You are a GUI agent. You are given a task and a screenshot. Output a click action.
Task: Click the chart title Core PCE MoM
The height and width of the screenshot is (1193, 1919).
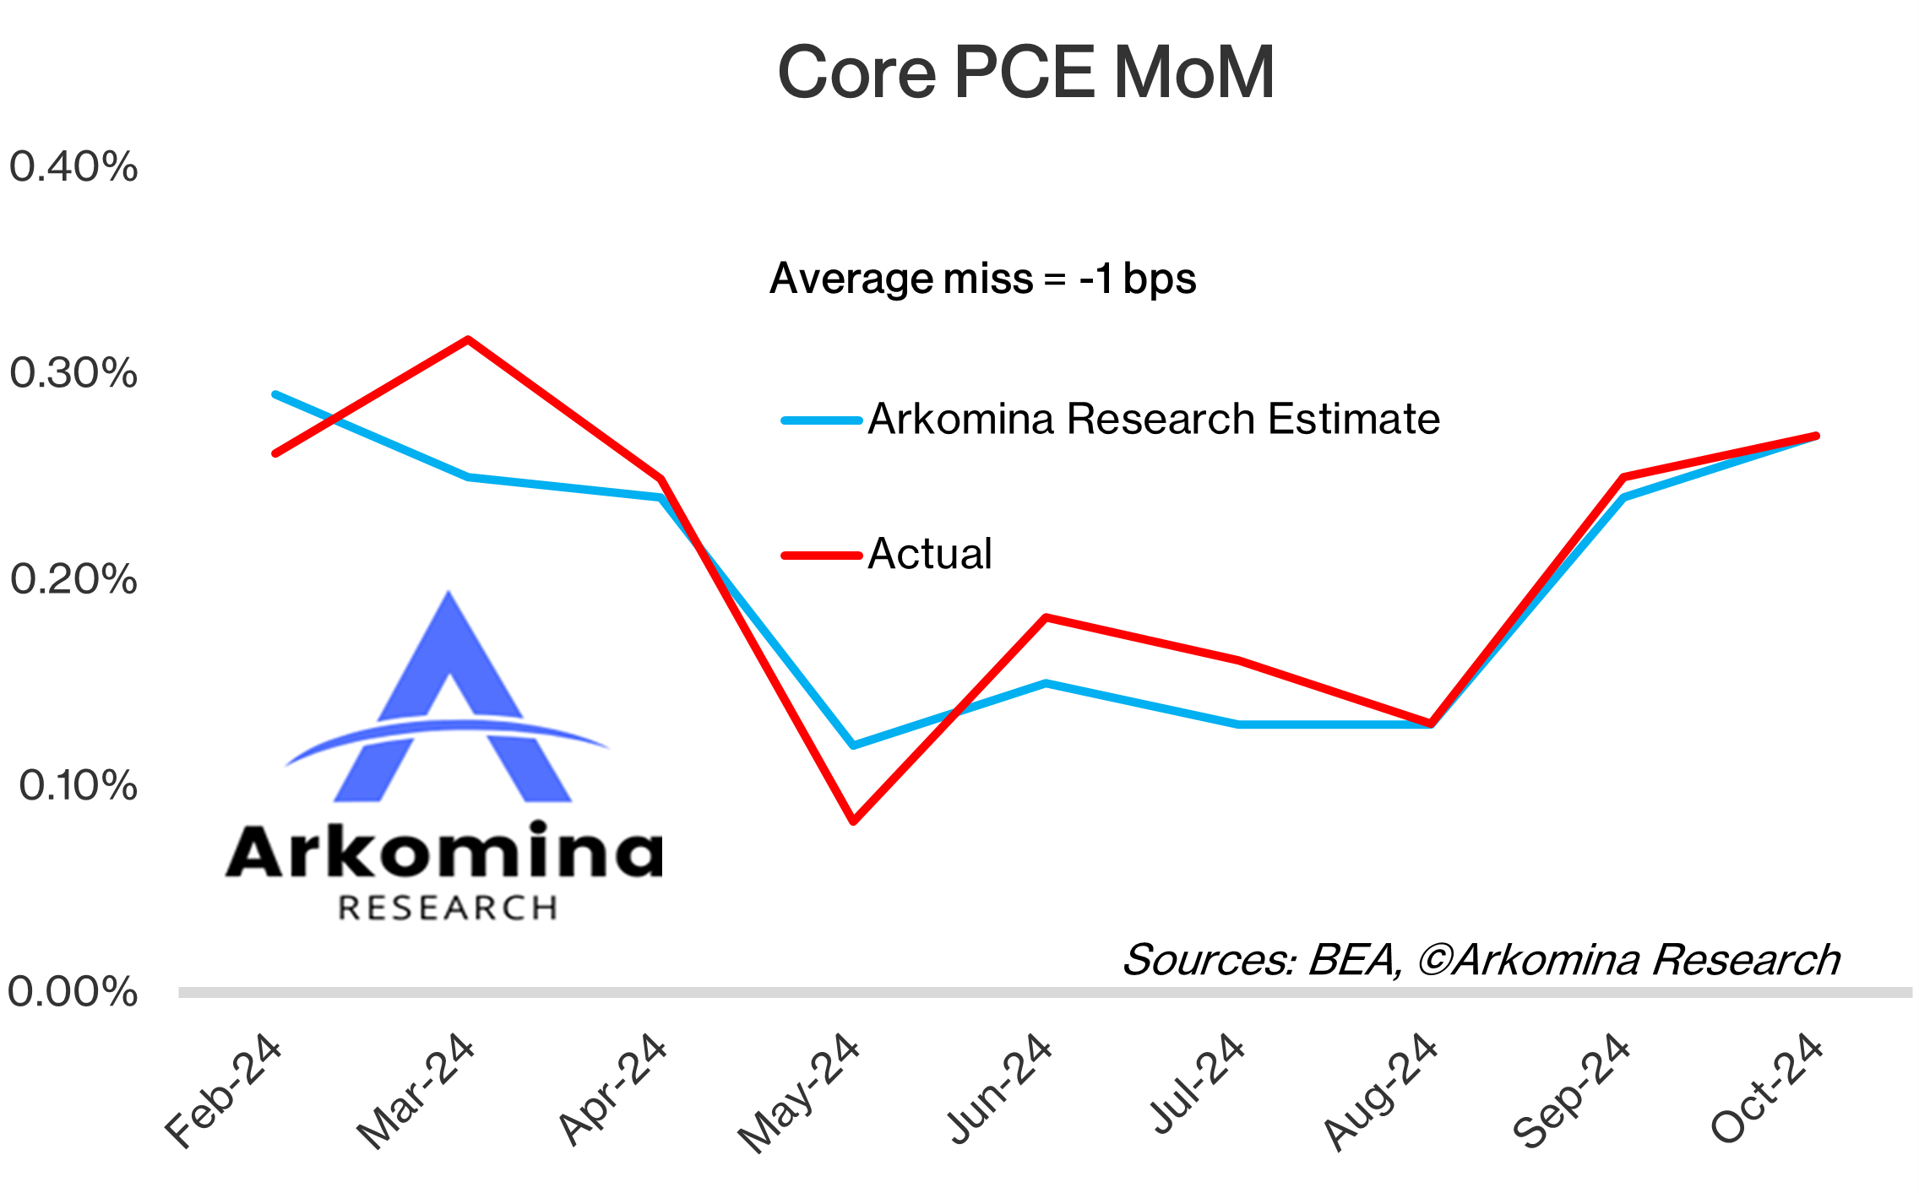click(x=1025, y=73)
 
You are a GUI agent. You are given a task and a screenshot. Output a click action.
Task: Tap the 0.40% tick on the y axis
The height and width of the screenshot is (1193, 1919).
click(x=73, y=166)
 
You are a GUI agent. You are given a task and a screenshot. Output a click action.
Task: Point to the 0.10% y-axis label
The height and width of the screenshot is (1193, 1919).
click(x=78, y=786)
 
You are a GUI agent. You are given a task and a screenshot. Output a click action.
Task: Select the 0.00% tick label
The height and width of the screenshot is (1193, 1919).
click(x=73, y=991)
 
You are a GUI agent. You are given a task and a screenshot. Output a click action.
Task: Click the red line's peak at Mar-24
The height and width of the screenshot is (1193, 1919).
click(x=468, y=339)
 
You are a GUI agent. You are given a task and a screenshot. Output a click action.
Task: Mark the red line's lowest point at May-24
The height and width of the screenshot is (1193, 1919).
click(x=854, y=821)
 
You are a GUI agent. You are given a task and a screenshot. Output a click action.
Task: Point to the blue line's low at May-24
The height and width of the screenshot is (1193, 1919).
click(x=854, y=745)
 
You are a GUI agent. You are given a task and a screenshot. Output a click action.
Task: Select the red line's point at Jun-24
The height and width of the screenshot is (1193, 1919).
click(x=1046, y=617)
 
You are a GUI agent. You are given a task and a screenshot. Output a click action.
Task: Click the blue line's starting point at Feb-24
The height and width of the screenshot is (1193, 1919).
click(x=275, y=394)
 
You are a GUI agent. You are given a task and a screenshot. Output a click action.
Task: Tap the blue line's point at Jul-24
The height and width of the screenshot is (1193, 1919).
click(x=1238, y=724)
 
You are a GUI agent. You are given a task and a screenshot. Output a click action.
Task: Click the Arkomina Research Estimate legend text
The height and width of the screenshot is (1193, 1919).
click(x=1154, y=420)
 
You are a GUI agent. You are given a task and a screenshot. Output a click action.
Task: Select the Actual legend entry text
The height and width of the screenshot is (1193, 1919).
click(x=930, y=555)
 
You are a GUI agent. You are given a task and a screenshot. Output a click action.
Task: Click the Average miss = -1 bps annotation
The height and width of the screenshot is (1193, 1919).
click(x=982, y=279)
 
